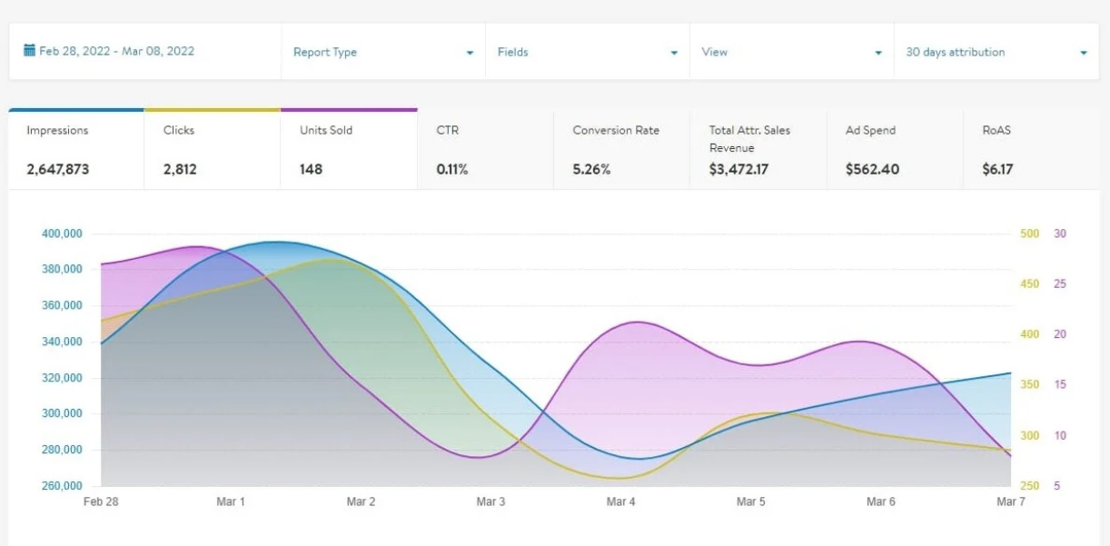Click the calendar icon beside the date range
29,51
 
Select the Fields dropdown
587,52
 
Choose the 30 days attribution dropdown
996,52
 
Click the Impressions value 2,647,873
58,169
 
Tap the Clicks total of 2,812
180,169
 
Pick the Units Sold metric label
326,130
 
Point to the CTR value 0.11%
452,169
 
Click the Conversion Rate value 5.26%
592,169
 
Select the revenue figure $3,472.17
738,169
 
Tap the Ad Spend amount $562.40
872,169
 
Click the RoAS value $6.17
997,169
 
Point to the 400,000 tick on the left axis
62,233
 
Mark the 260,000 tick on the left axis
62,486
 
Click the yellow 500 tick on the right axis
1030,233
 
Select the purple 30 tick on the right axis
1060,233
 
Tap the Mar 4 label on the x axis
621,501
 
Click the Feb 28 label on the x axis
100,501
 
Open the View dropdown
791,52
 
